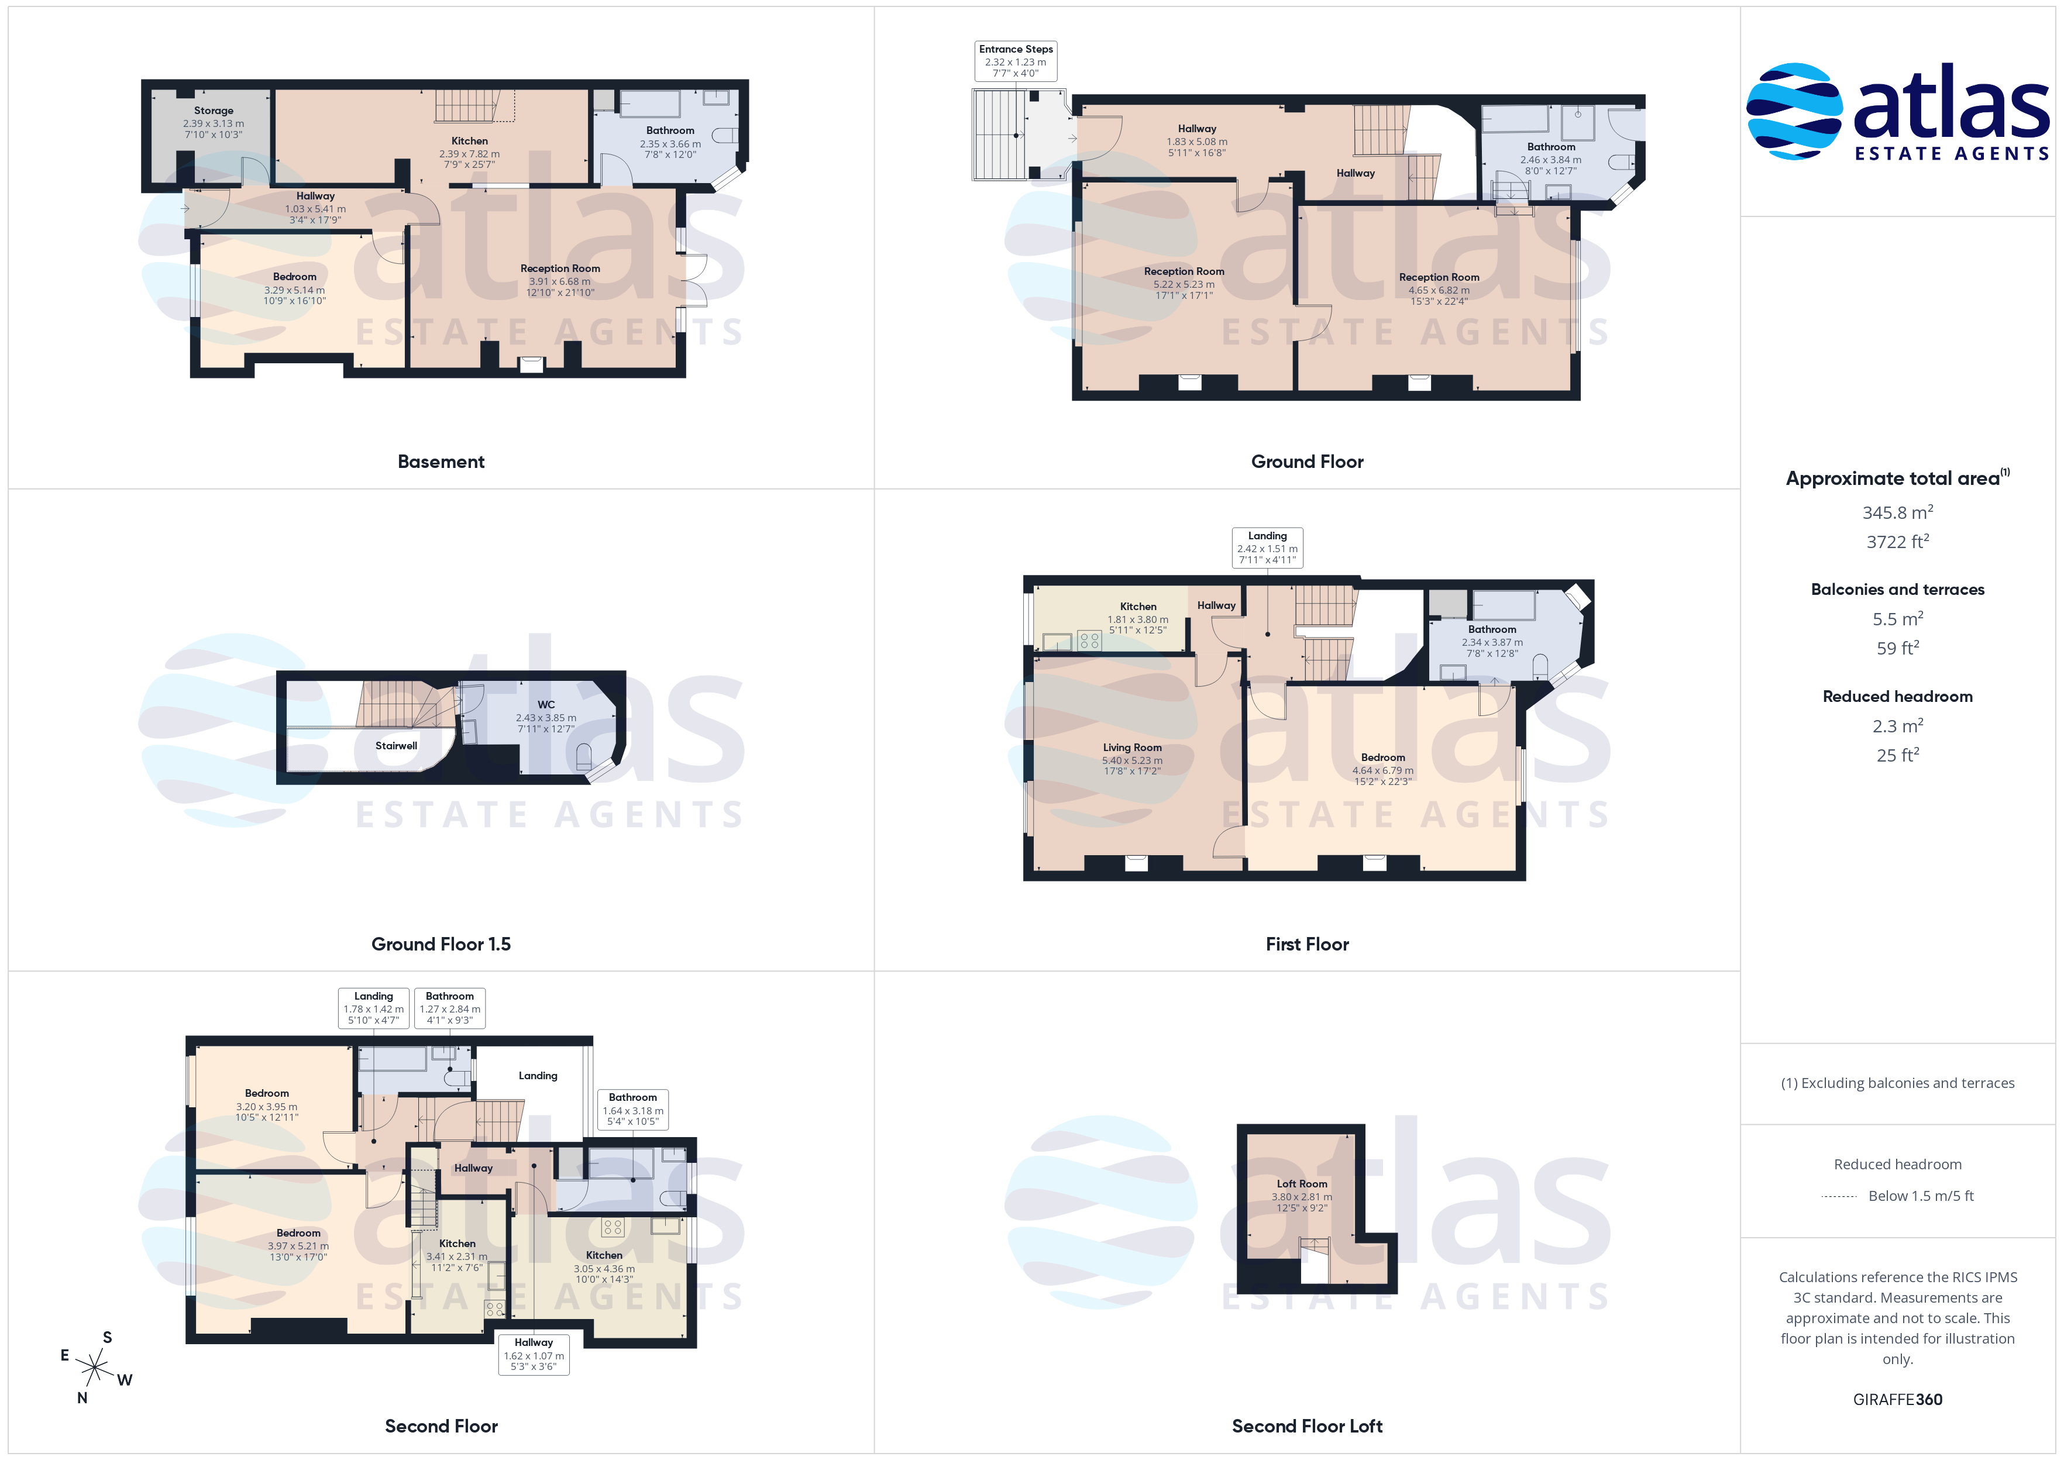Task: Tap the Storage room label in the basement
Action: [214, 111]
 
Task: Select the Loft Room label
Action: [1302, 1184]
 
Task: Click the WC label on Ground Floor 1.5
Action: [546, 705]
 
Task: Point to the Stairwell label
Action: [397, 746]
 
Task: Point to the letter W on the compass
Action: [125, 1380]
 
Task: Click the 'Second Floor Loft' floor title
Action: [1307, 1426]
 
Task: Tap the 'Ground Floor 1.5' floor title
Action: [441, 944]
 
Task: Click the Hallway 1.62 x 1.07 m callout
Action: [534, 1354]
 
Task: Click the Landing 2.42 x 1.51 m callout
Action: [1268, 547]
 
